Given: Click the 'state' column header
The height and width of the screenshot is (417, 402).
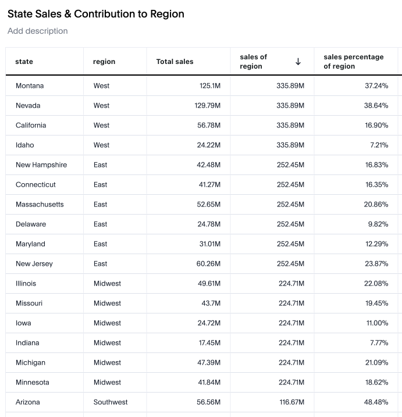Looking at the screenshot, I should coord(24,62).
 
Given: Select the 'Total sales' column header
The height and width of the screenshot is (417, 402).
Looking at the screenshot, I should coord(175,62).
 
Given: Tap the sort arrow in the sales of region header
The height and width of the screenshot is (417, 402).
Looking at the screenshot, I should coord(298,62).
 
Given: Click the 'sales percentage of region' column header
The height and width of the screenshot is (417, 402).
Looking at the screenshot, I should coord(353,62).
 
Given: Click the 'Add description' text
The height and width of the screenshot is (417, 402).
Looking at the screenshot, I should coord(38,31).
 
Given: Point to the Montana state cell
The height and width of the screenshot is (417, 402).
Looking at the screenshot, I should coord(30,86).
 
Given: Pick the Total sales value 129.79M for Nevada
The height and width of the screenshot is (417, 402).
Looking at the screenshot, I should coord(208,106).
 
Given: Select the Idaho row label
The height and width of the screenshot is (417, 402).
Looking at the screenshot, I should coord(25,145).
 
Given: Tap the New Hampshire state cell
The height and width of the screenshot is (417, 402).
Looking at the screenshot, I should coord(41,165).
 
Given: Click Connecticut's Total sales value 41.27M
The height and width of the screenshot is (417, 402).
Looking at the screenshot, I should coord(209,185).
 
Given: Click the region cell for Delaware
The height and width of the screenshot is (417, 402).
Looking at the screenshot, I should coord(101,224).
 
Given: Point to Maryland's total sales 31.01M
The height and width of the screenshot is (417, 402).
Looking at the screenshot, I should coord(209,244).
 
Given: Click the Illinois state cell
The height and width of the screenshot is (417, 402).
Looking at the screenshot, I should coord(26,284).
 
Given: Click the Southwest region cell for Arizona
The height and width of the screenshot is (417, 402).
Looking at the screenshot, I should coord(111,402).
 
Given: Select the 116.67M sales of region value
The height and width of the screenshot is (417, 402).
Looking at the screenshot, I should coord(291,402).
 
